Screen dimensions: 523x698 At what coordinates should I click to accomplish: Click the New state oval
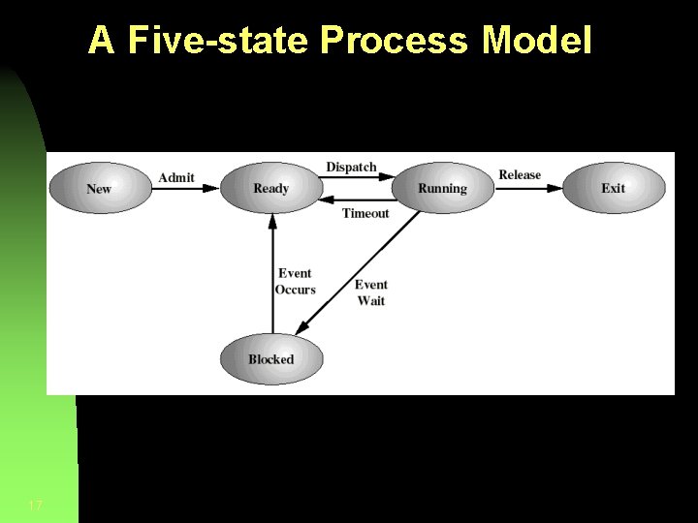100,188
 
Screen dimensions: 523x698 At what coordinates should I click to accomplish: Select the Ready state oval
271,188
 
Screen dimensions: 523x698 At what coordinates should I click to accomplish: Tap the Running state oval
442,188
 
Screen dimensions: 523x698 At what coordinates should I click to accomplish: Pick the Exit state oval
614,188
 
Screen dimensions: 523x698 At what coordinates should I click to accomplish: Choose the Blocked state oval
271,359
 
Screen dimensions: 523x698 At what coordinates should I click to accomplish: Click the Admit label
176,177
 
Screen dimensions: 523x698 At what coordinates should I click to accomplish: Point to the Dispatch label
351,167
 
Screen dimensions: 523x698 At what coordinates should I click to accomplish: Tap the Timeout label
365,213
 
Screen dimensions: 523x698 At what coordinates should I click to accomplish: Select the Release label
520,175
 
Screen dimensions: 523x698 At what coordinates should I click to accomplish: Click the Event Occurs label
295,282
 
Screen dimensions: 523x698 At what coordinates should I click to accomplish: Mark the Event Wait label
371,292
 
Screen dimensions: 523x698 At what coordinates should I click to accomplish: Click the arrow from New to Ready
186,189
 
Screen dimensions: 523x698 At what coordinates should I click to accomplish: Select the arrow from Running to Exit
528,189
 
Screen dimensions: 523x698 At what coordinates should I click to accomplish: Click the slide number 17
35,507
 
